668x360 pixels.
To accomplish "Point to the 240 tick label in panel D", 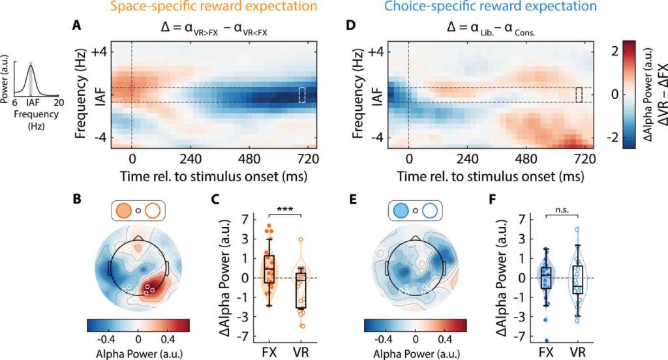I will [x=467, y=160].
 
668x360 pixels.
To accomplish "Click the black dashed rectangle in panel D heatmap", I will [x=579, y=95].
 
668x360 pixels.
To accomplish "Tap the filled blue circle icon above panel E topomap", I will [x=401, y=211].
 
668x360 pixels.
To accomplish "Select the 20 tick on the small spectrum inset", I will [x=58, y=102].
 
